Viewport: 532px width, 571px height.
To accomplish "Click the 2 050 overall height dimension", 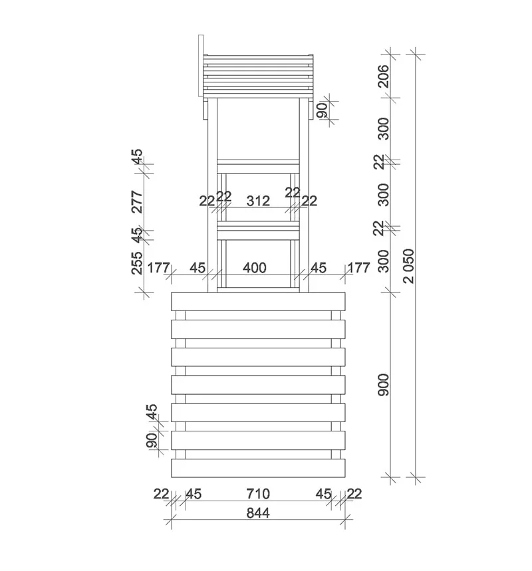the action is click(x=409, y=266).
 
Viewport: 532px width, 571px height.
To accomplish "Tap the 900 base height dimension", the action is click(x=384, y=384).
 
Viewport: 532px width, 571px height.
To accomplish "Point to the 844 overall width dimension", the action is click(x=258, y=513).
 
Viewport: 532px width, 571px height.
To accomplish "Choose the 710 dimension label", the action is click(x=258, y=494).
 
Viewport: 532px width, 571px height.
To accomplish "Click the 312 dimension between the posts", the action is click(x=258, y=201).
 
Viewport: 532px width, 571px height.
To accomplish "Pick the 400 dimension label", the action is click(x=254, y=268).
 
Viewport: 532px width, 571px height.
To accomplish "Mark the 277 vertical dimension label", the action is click(x=138, y=201).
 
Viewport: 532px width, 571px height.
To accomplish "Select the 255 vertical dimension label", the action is click(x=137, y=263).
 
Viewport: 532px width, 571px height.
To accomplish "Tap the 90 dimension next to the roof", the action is click(x=322, y=110).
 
